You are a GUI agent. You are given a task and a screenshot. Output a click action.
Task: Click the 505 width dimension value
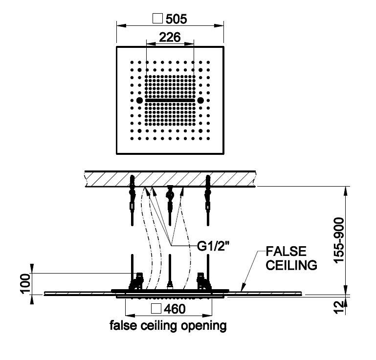click(x=177, y=19)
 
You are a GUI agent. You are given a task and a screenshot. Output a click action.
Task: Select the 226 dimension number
click(x=170, y=37)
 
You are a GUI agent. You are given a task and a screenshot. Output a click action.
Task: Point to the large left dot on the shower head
click(x=140, y=101)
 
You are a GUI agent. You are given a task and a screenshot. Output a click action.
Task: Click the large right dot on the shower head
click(x=200, y=101)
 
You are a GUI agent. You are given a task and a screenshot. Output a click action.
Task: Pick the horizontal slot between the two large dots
click(x=170, y=101)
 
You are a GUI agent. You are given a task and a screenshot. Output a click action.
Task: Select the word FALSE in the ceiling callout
click(x=286, y=252)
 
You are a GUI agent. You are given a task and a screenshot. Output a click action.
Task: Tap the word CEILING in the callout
click(x=292, y=265)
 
